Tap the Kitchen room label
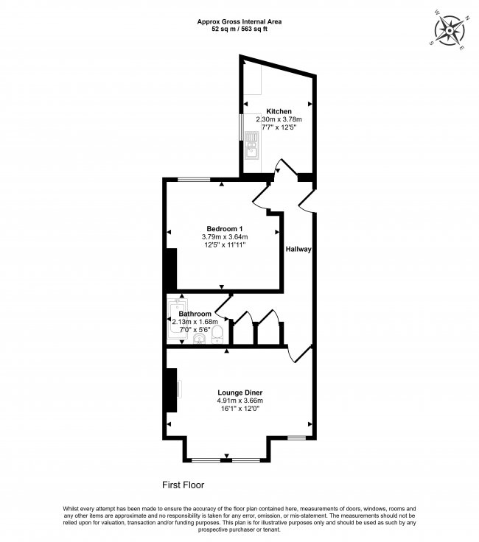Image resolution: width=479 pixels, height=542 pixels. click(279, 111)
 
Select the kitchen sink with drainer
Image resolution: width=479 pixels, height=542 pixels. click(251, 146)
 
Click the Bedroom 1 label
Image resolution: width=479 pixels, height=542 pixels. click(225, 228)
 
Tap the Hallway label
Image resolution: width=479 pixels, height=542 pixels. click(299, 250)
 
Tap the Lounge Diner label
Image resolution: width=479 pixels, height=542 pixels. click(239, 393)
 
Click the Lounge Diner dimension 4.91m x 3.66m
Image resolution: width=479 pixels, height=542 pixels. click(239, 401)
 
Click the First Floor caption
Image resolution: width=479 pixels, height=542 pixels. click(183, 485)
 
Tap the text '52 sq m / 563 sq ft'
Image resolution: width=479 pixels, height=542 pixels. click(239, 29)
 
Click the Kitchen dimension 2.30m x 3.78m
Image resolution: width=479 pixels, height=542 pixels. click(279, 119)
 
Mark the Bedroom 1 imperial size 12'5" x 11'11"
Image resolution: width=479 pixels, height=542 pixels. click(225, 244)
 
